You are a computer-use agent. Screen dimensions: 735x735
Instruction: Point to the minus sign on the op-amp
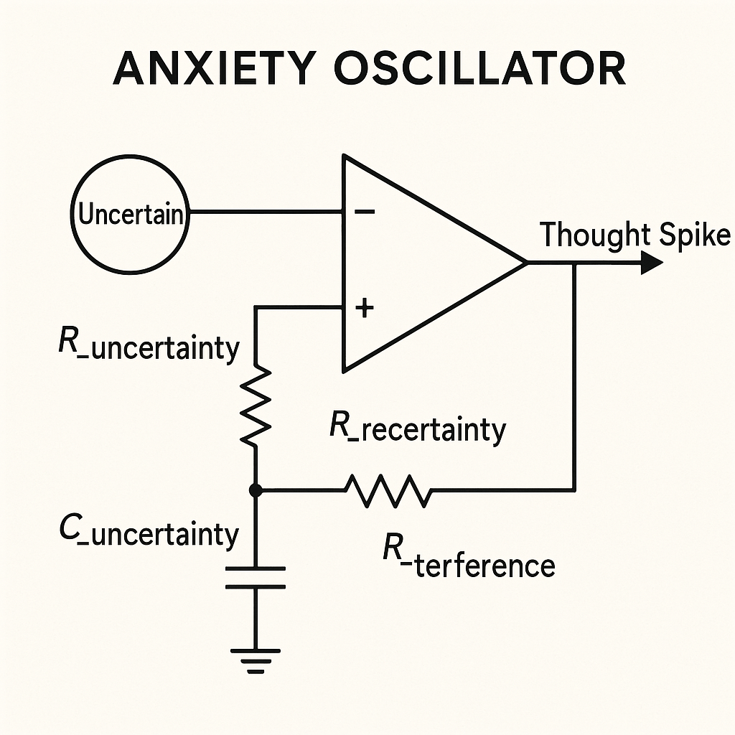click(365, 212)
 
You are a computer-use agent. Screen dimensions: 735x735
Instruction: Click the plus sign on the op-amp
click(365, 308)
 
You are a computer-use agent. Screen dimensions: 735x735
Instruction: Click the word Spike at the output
click(693, 235)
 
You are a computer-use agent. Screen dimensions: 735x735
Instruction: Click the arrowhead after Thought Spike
click(650, 263)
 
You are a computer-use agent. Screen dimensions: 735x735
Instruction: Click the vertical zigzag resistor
click(256, 406)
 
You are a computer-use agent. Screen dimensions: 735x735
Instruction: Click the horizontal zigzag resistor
click(388, 490)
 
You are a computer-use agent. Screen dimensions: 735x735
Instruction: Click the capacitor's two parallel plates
click(256, 577)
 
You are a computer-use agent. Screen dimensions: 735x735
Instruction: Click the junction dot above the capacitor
click(256, 490)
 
